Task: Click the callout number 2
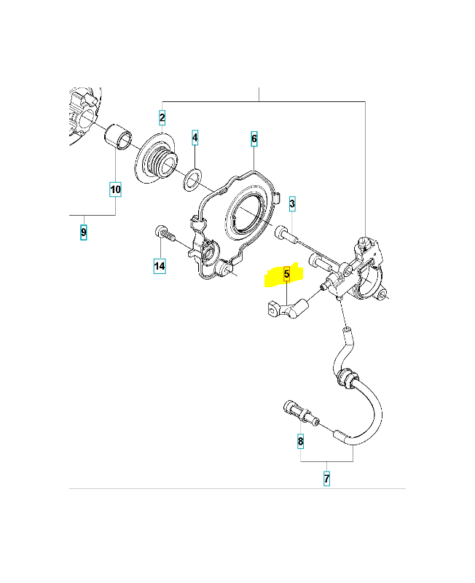tap(162, 118)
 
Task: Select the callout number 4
tap(195, 138)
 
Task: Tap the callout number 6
tap(254, 138)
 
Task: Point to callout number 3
tap(292, 204)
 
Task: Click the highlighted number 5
tap(286, 275)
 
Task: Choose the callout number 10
tap(116, 189)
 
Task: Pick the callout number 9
tap(84, 232)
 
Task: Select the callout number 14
tap(160, 266)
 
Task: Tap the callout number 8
tap(300, 442)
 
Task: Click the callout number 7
tap(326, 479)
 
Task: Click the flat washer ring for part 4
tap(193, 179)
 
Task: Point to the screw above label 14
tap(165, 233)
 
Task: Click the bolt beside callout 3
tap(286, 235)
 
